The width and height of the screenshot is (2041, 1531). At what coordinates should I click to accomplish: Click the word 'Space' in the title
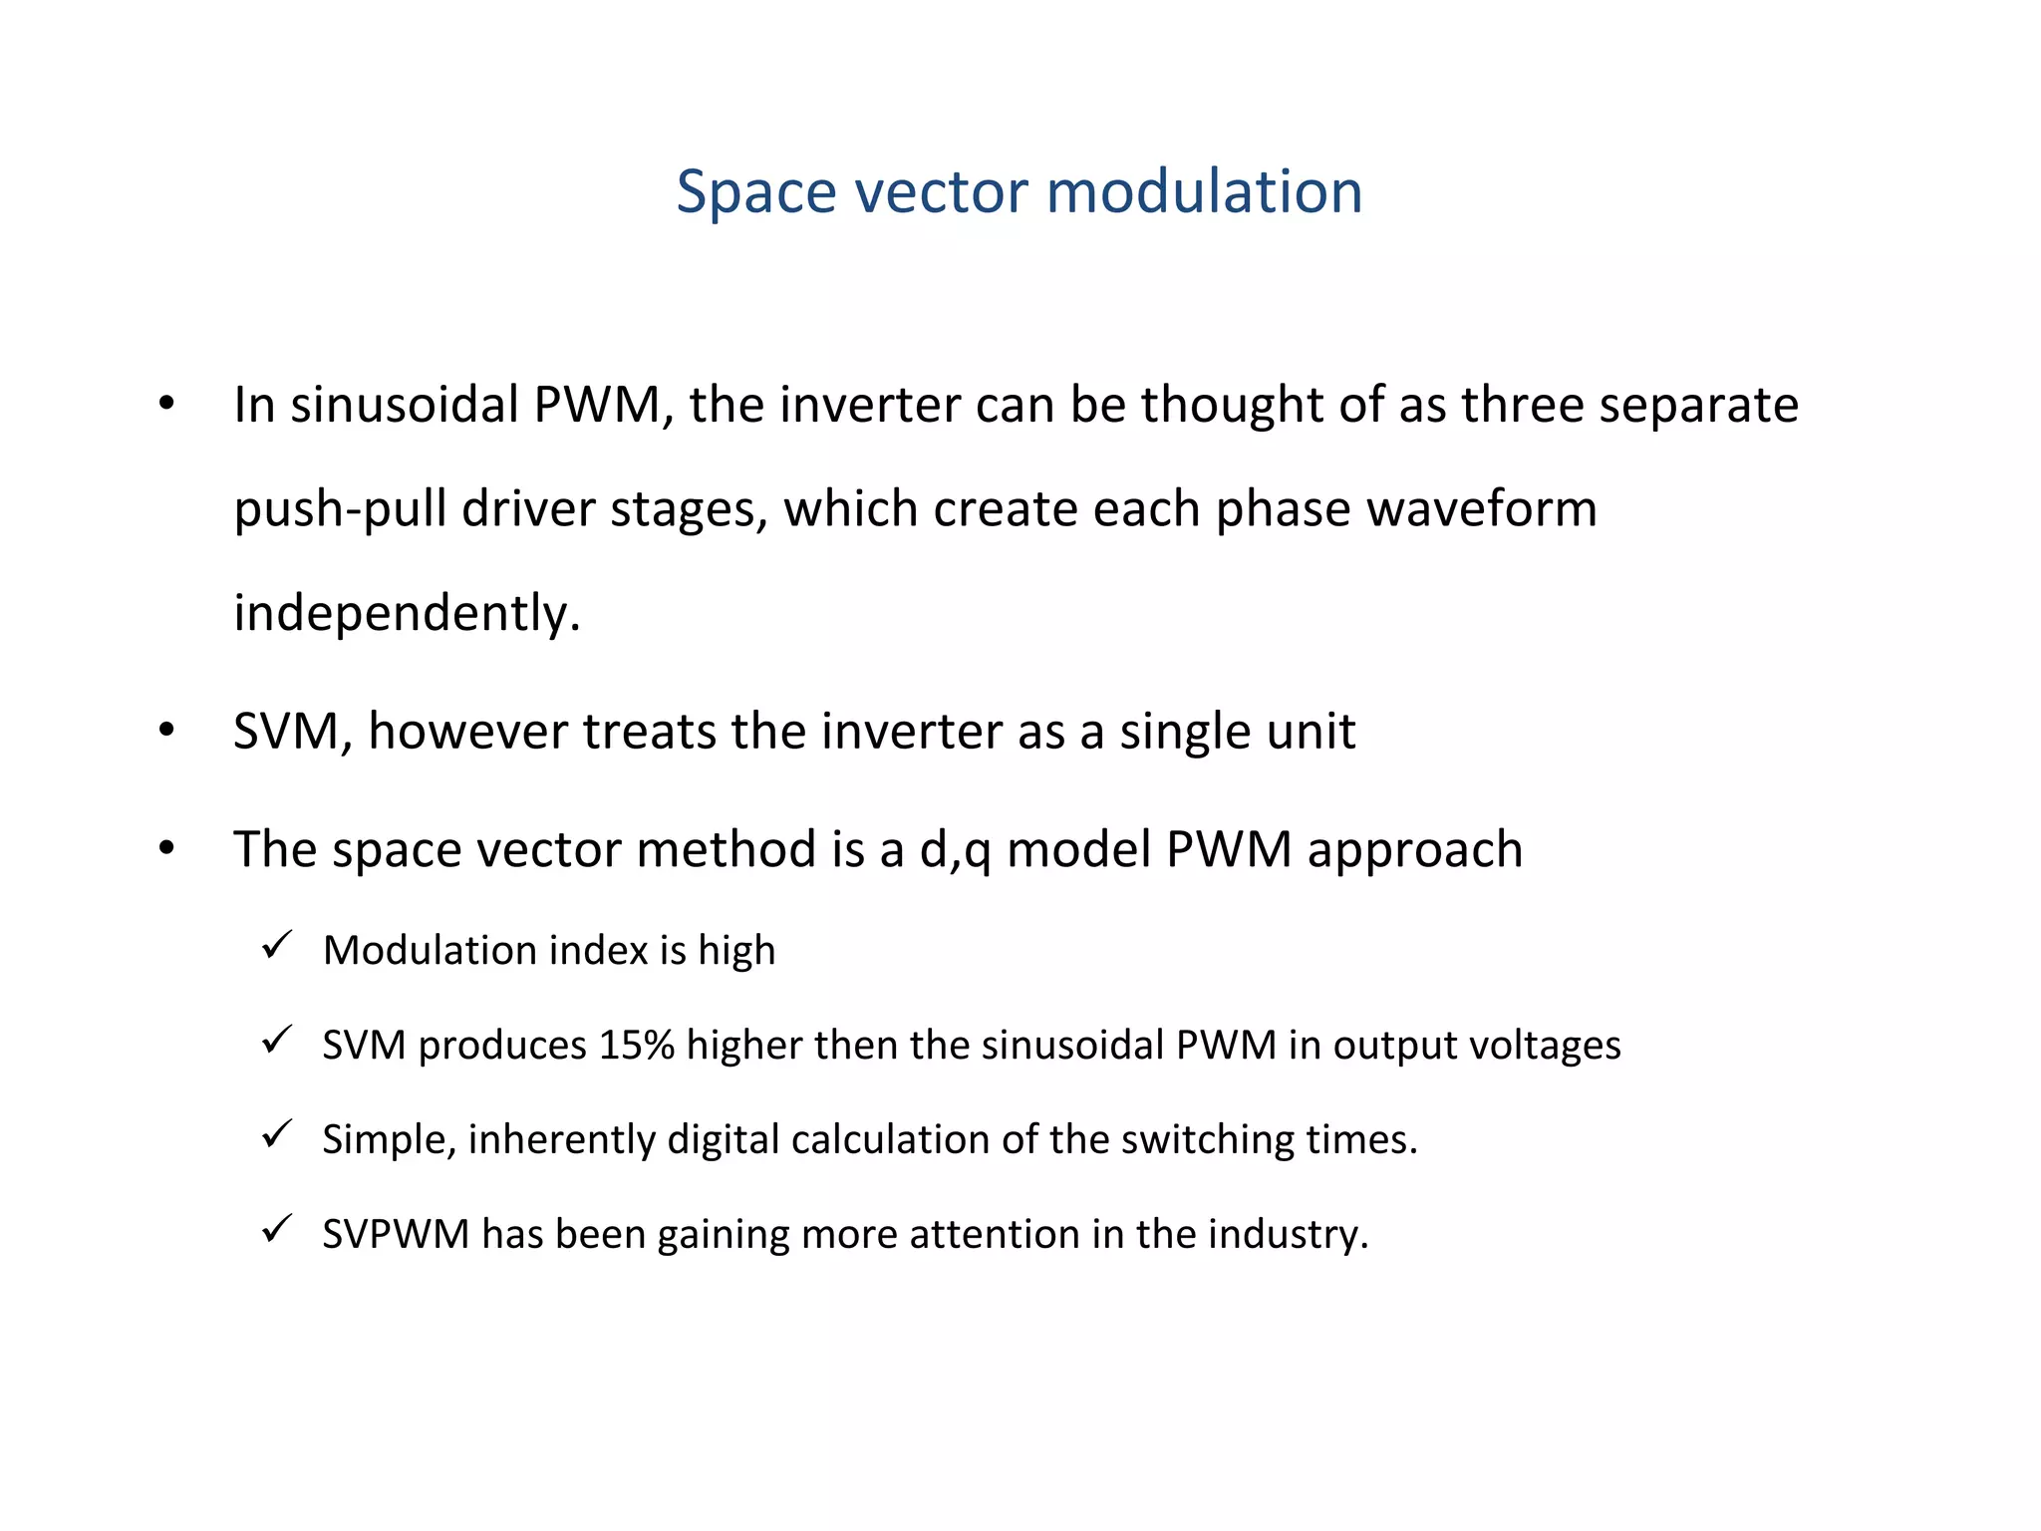pos(753,191)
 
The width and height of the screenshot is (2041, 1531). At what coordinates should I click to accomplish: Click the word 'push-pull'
pos(340,510)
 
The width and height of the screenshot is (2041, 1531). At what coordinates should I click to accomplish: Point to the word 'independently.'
pos(407,613)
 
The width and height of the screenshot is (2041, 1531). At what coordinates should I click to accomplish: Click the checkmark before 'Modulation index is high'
pos(276,945)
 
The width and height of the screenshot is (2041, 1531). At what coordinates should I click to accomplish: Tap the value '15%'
pos(637,1046)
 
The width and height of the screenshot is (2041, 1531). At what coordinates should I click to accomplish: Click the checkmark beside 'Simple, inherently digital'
pos(276,1134)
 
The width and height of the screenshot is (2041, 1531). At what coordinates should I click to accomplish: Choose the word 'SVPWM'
pos(396,1235)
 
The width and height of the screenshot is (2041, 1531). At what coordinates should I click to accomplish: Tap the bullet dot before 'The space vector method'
pos(166,849)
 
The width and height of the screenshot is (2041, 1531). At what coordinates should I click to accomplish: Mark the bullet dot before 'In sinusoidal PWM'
pos(166,405)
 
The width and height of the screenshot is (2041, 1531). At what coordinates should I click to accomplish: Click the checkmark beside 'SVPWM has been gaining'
pos(276,1229)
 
